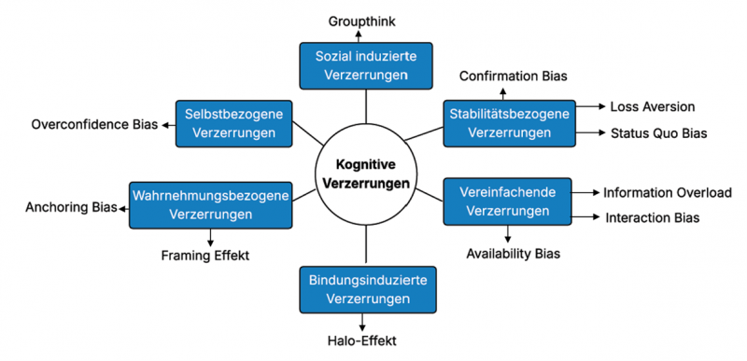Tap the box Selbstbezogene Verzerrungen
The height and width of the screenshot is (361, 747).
(235, 122)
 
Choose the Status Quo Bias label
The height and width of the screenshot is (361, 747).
(658, 133)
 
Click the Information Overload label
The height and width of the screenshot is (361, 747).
(667, 192)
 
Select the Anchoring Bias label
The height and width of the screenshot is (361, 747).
(70, 206)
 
